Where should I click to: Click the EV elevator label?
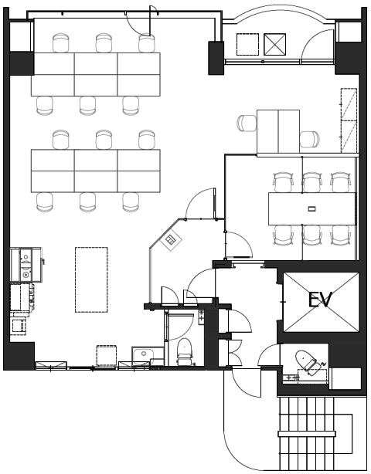click(x=320, y=300)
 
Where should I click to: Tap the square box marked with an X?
click(x=274, y=45)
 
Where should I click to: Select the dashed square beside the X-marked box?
click(x=247, y=45)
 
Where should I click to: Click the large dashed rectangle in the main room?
click(x=91, y=279)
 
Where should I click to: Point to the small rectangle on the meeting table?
click(x=311, y=208)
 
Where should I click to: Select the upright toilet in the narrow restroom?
click(x=184, y=351)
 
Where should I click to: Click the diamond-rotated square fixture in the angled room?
click(x=171, y=239)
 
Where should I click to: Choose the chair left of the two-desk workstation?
click(x=247, y=124)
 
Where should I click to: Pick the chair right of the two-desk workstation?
click(x=310, y=140)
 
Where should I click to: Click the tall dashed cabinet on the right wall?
click(x=349, y=120)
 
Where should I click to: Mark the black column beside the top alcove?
click(x=216, y=58)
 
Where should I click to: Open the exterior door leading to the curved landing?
click(x=247, y=382)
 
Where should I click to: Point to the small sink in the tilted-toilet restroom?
click(x=291, y=378)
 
